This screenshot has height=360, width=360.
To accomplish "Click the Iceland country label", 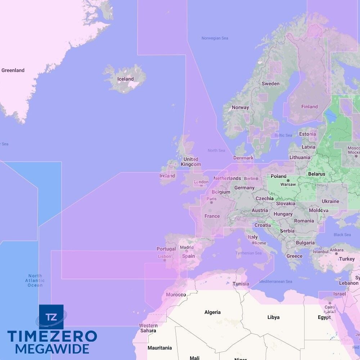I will pyautogui.click(x=125, y=79).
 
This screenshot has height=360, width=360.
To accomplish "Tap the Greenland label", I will pyautogui.click(x=13, y=70).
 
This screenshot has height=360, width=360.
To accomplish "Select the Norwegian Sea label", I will pyautogui.click(x=215, y=38).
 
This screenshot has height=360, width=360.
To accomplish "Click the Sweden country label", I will pyautogui.click(x=270, y=84).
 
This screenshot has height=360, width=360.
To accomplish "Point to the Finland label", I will pyautogui.click(x=309, y=107).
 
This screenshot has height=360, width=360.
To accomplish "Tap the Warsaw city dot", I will pyautogui.click(x=288, y=180).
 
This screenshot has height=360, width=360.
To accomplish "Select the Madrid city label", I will pyautogui.click(x=186, y=247).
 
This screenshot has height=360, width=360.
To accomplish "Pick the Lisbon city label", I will pyautogui.click(x=165, y=256).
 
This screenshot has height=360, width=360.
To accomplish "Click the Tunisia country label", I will pyautogui.click(x=241, y=284).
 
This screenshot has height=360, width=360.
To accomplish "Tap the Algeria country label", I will pyautogui.click(x=212, y=312).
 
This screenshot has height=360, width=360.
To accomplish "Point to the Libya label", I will pyautogui.click(x=273, y=317).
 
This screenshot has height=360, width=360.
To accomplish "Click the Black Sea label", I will pyautogui.click(x=342, y=235).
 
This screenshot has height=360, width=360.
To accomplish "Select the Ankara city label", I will pyautogui.click(x=337, y=250).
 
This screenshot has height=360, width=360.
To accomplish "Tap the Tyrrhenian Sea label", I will pyautogui.click(x=248, y=253).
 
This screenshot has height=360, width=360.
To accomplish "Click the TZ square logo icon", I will pyautogui.click(x=51, y=317).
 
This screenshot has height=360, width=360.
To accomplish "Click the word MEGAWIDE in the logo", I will pyautogui.click(x=52, y=349).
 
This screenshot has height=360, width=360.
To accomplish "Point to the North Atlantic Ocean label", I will pyautogui.click(x=35, y=280).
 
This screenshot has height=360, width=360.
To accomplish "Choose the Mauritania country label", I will pyautogui.click(x=159, y=348).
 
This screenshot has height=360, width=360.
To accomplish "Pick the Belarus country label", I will pyautogui.click(x=316, y=174).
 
